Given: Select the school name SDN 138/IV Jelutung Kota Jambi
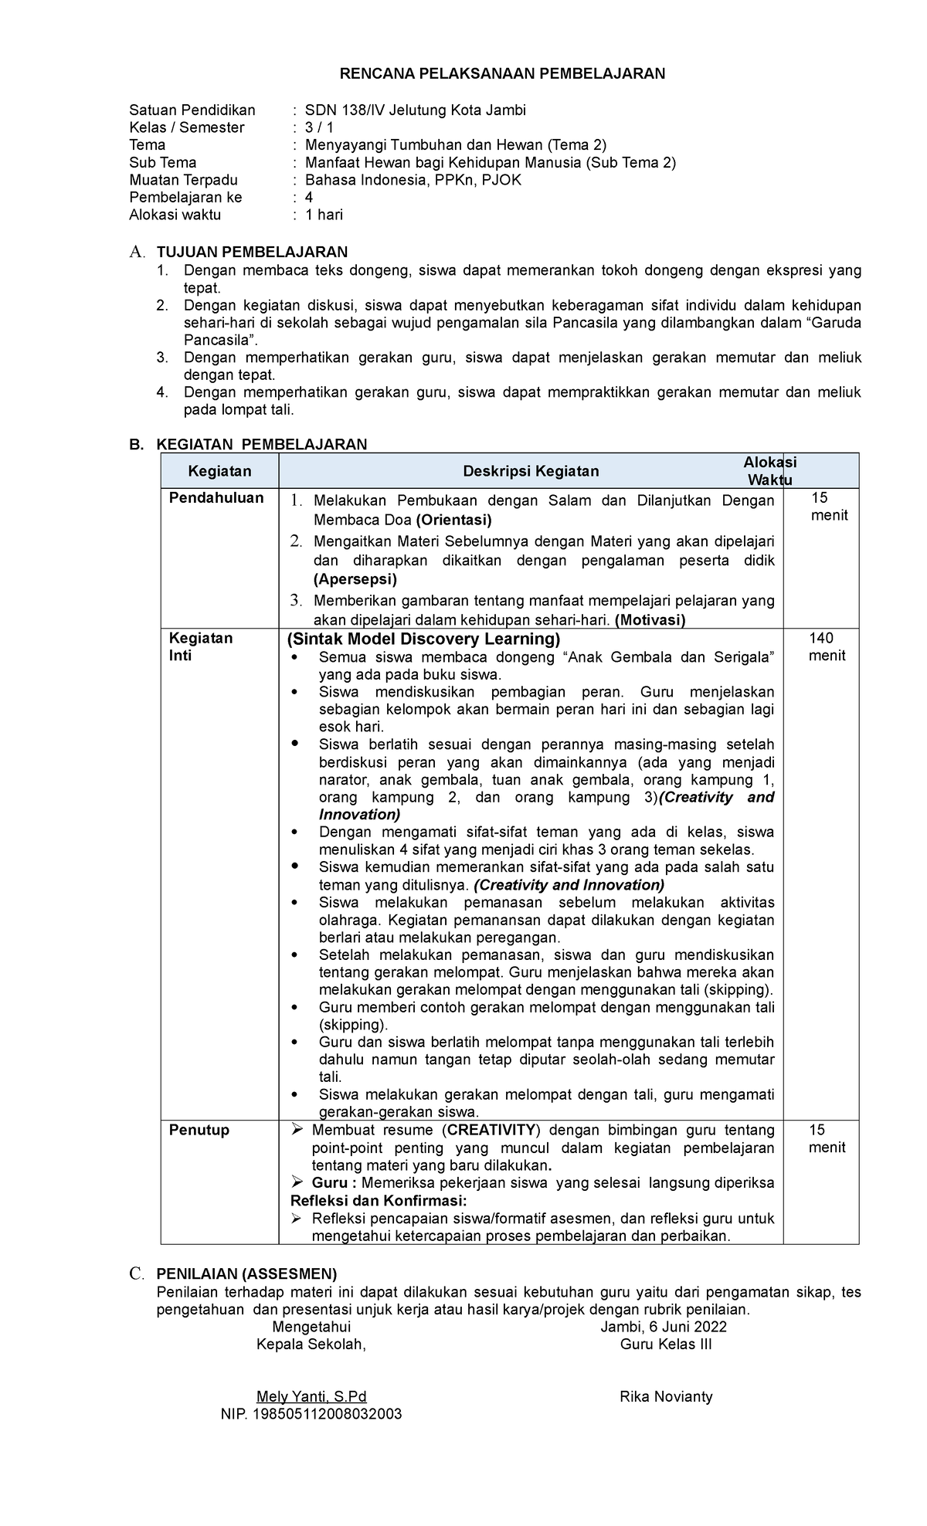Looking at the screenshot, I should coord(415,110).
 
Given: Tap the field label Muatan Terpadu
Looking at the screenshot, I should coord(183,180).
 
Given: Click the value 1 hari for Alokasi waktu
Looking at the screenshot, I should coord(324,215).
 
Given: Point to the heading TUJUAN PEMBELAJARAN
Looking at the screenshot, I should coord(252,252).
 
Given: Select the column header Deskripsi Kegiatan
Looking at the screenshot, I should coord(530,471).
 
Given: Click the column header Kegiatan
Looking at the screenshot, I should coord(219,471).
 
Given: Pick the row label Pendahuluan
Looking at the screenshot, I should coord(216,498).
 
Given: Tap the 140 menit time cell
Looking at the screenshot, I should coord(826,647).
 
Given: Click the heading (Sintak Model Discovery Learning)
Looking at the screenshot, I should coord(423,639).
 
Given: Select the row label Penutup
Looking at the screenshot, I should coord(199,1130).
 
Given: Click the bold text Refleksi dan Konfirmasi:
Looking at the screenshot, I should coord(378,1201).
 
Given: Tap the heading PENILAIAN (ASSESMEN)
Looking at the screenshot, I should coord(246,1273).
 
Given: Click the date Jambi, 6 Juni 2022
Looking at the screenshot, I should coord(664,1327).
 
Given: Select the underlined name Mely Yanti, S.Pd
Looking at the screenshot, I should coord(311,1396).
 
